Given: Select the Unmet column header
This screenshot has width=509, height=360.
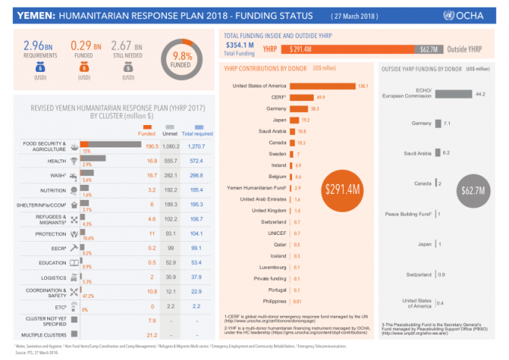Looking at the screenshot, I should tap(174, 135).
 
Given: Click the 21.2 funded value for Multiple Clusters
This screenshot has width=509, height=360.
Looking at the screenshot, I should tap(153, 335).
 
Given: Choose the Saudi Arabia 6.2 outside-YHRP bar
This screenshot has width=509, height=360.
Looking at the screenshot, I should tap(438, 153).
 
